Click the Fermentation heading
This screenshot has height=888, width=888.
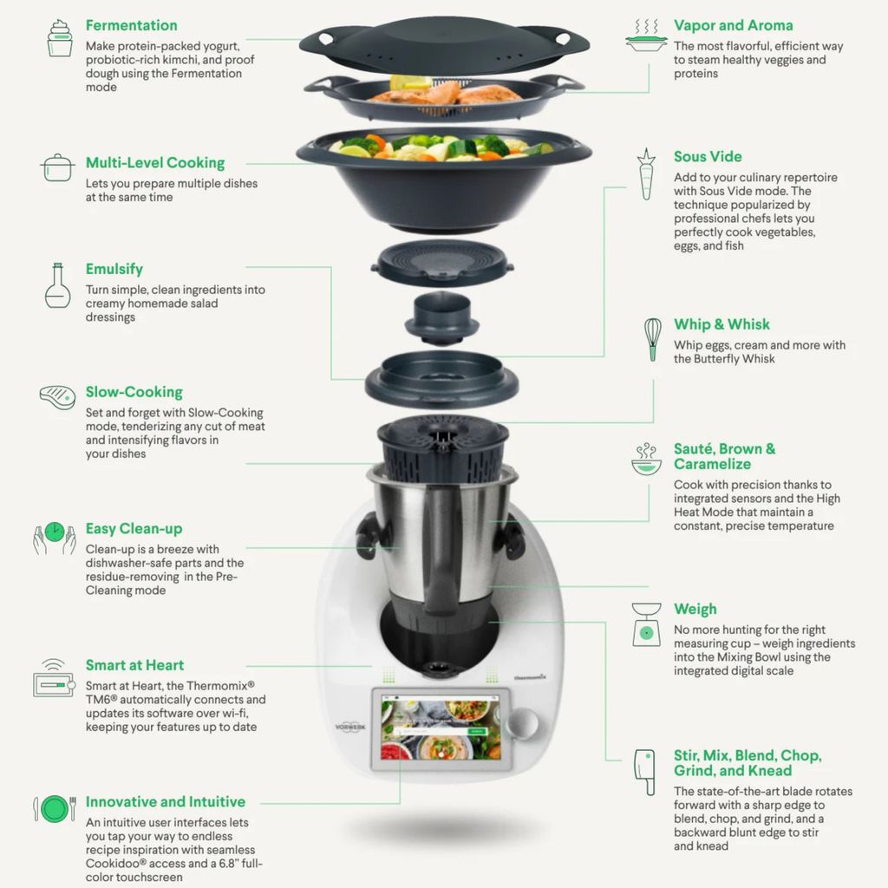point(132,25)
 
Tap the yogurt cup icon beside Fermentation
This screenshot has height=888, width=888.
point(60,38)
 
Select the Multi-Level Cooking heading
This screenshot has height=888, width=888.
point(155,163)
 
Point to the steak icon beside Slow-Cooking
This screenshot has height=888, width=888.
point(57,397)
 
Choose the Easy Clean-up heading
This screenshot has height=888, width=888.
point(134,529)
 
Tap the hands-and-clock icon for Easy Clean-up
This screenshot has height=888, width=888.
point(55,538)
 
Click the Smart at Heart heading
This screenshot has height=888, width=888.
point(134,665)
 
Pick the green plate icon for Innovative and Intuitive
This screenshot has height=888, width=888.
point(55,808)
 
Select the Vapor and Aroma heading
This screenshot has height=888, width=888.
point(733,25)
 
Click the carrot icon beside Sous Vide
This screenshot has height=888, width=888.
point(646,174)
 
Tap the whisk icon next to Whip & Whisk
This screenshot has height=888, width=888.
point(652,339)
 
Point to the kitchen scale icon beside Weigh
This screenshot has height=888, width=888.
point(646,624)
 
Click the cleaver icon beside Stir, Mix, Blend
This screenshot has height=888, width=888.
point(644,772)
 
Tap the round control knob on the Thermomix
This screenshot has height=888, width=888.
point(522,722)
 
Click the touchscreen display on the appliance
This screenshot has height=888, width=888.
point(441,728)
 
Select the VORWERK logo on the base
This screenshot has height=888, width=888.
point(350,727)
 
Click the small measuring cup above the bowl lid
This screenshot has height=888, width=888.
point(441,317)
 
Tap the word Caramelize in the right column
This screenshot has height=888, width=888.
point(712,465)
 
